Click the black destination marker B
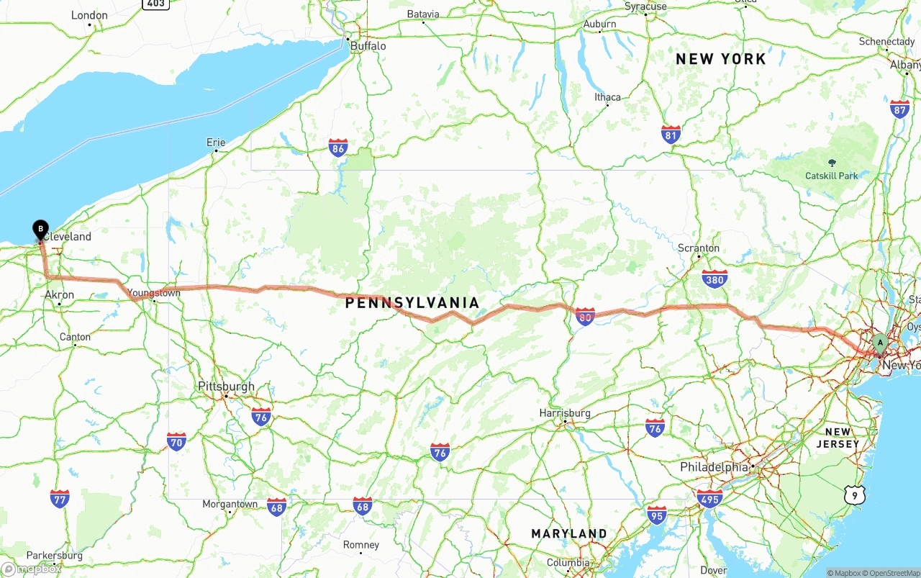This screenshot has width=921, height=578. [40, 230]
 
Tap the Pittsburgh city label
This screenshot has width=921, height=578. [226, 387]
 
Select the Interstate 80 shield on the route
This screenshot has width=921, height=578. [585, 315]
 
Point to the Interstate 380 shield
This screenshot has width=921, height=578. [714, 279]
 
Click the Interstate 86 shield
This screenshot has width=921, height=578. [338, 148]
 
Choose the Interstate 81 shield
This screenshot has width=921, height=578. [671, 134]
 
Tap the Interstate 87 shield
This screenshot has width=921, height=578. [899, 109]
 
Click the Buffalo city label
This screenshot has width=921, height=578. [368, 46]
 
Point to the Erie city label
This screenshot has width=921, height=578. [216, 143]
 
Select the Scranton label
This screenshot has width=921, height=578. [698, 248]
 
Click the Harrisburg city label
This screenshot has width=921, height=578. [565, 413]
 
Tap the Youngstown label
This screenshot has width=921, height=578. [155, 293]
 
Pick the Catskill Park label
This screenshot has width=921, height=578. [832, 176]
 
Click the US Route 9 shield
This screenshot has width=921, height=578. [854, 495]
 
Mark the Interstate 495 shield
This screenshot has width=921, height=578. [709, 498]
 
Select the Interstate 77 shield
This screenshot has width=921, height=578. [60, 498]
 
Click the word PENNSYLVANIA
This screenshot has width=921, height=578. [412, 303]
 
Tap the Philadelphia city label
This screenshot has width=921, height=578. [714, 467]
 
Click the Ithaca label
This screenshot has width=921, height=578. [607, 97]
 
